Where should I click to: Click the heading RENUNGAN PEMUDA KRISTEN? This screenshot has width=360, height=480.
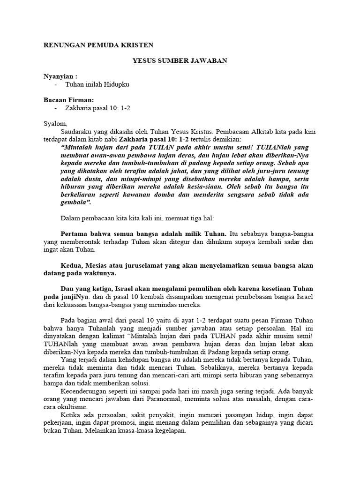pyautogui.click(x=98, y=45)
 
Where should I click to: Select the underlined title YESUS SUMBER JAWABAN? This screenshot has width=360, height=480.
pyautogui.click(x=180, y=61)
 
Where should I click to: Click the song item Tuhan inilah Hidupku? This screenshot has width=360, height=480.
pyautogui.click(x=97, y=84)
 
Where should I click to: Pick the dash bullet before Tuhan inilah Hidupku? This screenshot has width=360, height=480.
pyautogui.click(x=56, y=84)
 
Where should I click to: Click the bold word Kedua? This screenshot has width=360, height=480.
pyautogui.click(x=72, y=265)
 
